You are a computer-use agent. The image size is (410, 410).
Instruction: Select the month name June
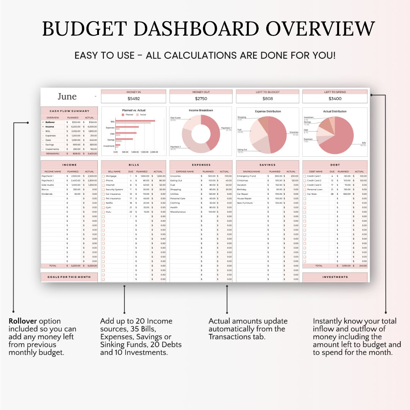(x=67, y=96)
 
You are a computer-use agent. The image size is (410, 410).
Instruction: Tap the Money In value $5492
(x=134, y=98)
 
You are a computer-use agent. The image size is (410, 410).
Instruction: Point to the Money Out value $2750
(x=201, y=98)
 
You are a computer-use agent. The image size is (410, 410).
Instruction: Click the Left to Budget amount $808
(x=268, y=98)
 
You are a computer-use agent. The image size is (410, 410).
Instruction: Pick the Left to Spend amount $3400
(x=335, y=98)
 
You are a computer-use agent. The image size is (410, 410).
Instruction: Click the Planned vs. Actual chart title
(x=134, y=110)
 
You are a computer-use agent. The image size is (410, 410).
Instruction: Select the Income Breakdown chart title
(x=201, y=110)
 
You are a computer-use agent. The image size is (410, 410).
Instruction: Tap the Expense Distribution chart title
(x=268, y=112)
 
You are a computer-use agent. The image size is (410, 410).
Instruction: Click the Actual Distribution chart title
(x=335, y=112)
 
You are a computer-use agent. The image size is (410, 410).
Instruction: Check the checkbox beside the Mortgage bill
(x=103, y=176)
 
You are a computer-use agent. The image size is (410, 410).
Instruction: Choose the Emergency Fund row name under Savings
(x=247, y=176)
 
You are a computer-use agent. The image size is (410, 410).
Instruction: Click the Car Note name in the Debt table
(x=312, y=194)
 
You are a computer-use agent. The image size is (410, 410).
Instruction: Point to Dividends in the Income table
(x=47, y=194)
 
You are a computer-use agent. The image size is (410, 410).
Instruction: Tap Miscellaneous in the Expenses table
(x=178, y=212)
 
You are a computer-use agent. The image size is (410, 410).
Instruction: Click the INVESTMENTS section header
(x=335, y=277)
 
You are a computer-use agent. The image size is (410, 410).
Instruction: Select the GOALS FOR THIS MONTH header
(x=69, y=277)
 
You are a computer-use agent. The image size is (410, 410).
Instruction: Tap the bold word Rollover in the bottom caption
(x=23, y=321)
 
